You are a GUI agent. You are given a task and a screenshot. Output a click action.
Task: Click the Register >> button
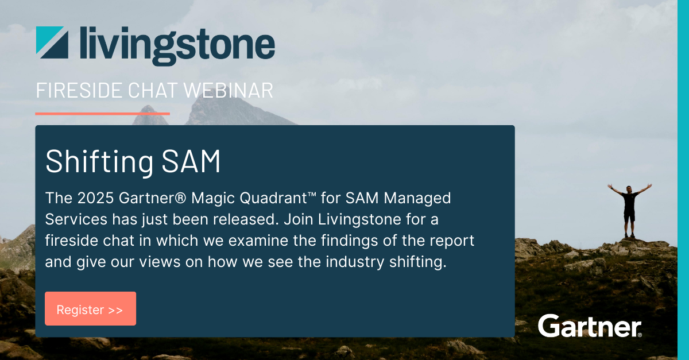91,308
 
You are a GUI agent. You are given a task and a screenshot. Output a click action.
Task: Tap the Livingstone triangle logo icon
52,42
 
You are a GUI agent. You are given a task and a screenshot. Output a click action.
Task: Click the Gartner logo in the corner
590,326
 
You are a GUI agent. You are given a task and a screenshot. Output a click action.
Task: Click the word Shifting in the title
99,161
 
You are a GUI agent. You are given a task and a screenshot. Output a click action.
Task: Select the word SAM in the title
191,161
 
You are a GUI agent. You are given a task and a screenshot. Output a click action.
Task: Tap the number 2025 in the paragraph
95,198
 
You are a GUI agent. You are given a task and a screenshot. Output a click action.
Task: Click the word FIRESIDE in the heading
79,91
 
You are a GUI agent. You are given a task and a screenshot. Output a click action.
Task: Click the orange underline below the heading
102,114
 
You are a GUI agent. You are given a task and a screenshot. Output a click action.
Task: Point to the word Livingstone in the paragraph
359,220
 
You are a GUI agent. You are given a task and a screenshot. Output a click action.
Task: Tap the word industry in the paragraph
355,262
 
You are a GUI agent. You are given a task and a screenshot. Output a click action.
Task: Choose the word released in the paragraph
246,220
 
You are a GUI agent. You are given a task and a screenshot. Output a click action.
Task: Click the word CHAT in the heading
153,91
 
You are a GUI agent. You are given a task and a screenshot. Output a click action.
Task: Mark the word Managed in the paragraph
417,199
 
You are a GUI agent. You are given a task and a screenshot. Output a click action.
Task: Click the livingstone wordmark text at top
177,45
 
